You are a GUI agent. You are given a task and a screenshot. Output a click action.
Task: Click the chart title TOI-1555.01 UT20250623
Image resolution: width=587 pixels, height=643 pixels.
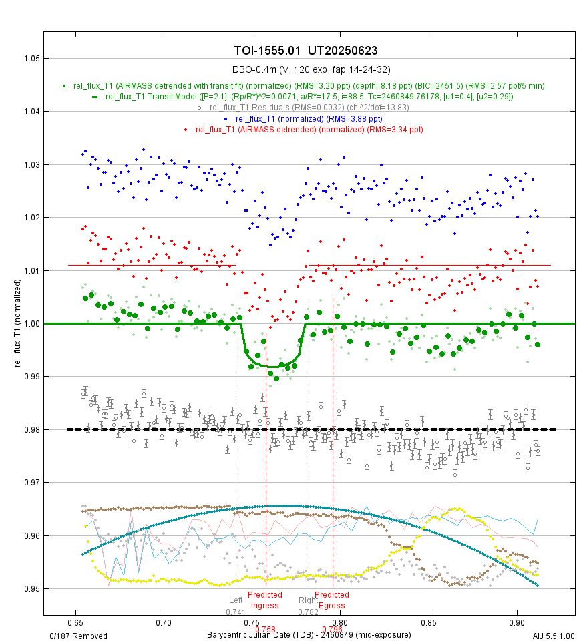click(309, 51)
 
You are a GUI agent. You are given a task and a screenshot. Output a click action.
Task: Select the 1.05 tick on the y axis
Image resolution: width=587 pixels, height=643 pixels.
click(31, 58)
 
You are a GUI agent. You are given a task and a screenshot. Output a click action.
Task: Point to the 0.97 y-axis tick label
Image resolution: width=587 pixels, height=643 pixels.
click(31, 482)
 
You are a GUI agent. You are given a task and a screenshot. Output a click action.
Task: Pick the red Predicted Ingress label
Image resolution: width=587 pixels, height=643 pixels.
click(265, 600)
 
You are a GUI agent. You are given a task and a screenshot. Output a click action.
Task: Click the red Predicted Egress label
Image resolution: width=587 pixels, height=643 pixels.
click(332, 600)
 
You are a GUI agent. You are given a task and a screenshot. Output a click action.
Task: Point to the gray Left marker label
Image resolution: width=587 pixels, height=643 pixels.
click(236, 600)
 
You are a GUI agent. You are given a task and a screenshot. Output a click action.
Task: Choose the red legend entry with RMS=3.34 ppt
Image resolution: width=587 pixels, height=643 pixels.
click(309, 129)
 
